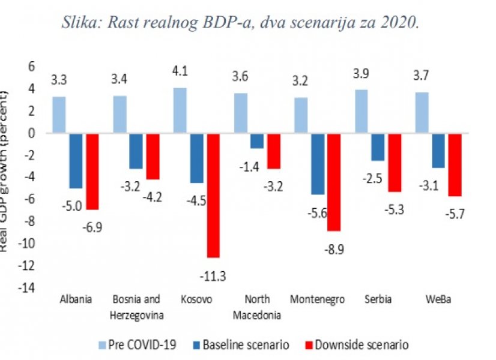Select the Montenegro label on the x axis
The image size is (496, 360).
(x=318, y=299)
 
